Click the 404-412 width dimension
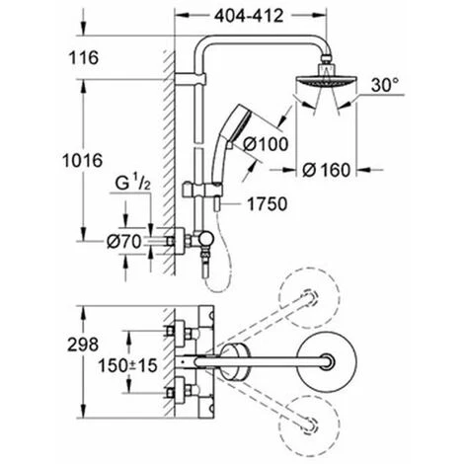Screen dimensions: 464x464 (x=249, y=16)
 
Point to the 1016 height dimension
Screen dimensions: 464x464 (x=83, y=161)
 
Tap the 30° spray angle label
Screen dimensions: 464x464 (x=385, y=85)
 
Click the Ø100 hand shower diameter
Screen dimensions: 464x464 (x=266, y=144)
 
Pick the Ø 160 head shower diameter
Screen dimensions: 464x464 (x=327, y=170)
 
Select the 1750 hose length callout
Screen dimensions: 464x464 (x=267, y=204)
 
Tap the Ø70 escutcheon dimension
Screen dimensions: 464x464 (x=124, y=242)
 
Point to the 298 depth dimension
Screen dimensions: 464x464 (x=83, y=345)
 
